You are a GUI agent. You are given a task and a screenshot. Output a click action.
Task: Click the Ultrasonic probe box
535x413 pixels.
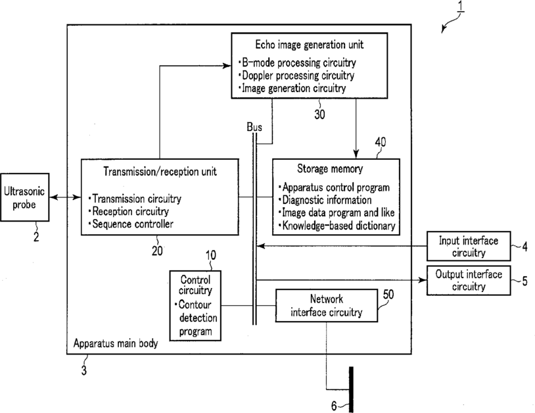pos(24,197)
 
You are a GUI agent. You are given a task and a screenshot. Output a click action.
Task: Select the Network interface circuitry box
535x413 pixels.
pos(327,306)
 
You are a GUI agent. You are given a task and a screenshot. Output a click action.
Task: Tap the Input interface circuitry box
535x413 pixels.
pos(469,246)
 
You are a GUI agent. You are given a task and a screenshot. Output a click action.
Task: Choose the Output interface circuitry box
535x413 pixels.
pos(469,280)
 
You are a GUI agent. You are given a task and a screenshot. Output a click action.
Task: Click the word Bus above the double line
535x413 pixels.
pos(254,128)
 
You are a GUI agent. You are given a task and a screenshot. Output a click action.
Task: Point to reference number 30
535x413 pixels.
pos(319,114)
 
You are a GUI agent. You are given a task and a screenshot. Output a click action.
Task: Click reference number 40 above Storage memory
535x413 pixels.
pos(381,142)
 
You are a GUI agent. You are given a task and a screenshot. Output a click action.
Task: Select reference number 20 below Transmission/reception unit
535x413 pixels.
pos(157,251)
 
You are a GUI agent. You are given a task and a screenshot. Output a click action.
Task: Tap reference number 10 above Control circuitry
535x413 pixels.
pos(211,255)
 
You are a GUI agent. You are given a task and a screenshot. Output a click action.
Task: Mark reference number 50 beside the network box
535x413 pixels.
pos(388,294)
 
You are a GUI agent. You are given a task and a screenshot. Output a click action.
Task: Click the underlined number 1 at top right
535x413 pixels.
pos(461,6)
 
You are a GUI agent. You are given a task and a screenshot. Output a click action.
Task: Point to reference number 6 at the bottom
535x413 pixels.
pos(334,406)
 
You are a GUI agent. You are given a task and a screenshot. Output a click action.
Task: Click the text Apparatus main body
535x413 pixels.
pos(116,343)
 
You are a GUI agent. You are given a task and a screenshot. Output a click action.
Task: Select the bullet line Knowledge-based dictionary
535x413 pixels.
pos(337,226)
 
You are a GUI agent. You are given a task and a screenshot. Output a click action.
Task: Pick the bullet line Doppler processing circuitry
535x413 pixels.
pos(296,76)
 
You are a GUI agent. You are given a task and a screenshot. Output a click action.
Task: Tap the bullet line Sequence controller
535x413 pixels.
pos(131,224)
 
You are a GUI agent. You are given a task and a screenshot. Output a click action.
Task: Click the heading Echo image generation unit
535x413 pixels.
pos(310,45)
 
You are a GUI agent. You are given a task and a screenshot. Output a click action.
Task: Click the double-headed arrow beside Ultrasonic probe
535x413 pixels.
pos(65,197)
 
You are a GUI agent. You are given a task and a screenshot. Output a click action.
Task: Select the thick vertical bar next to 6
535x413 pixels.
pos(351,389)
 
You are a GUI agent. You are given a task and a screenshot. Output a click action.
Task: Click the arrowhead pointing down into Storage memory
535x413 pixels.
pos(356,154)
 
